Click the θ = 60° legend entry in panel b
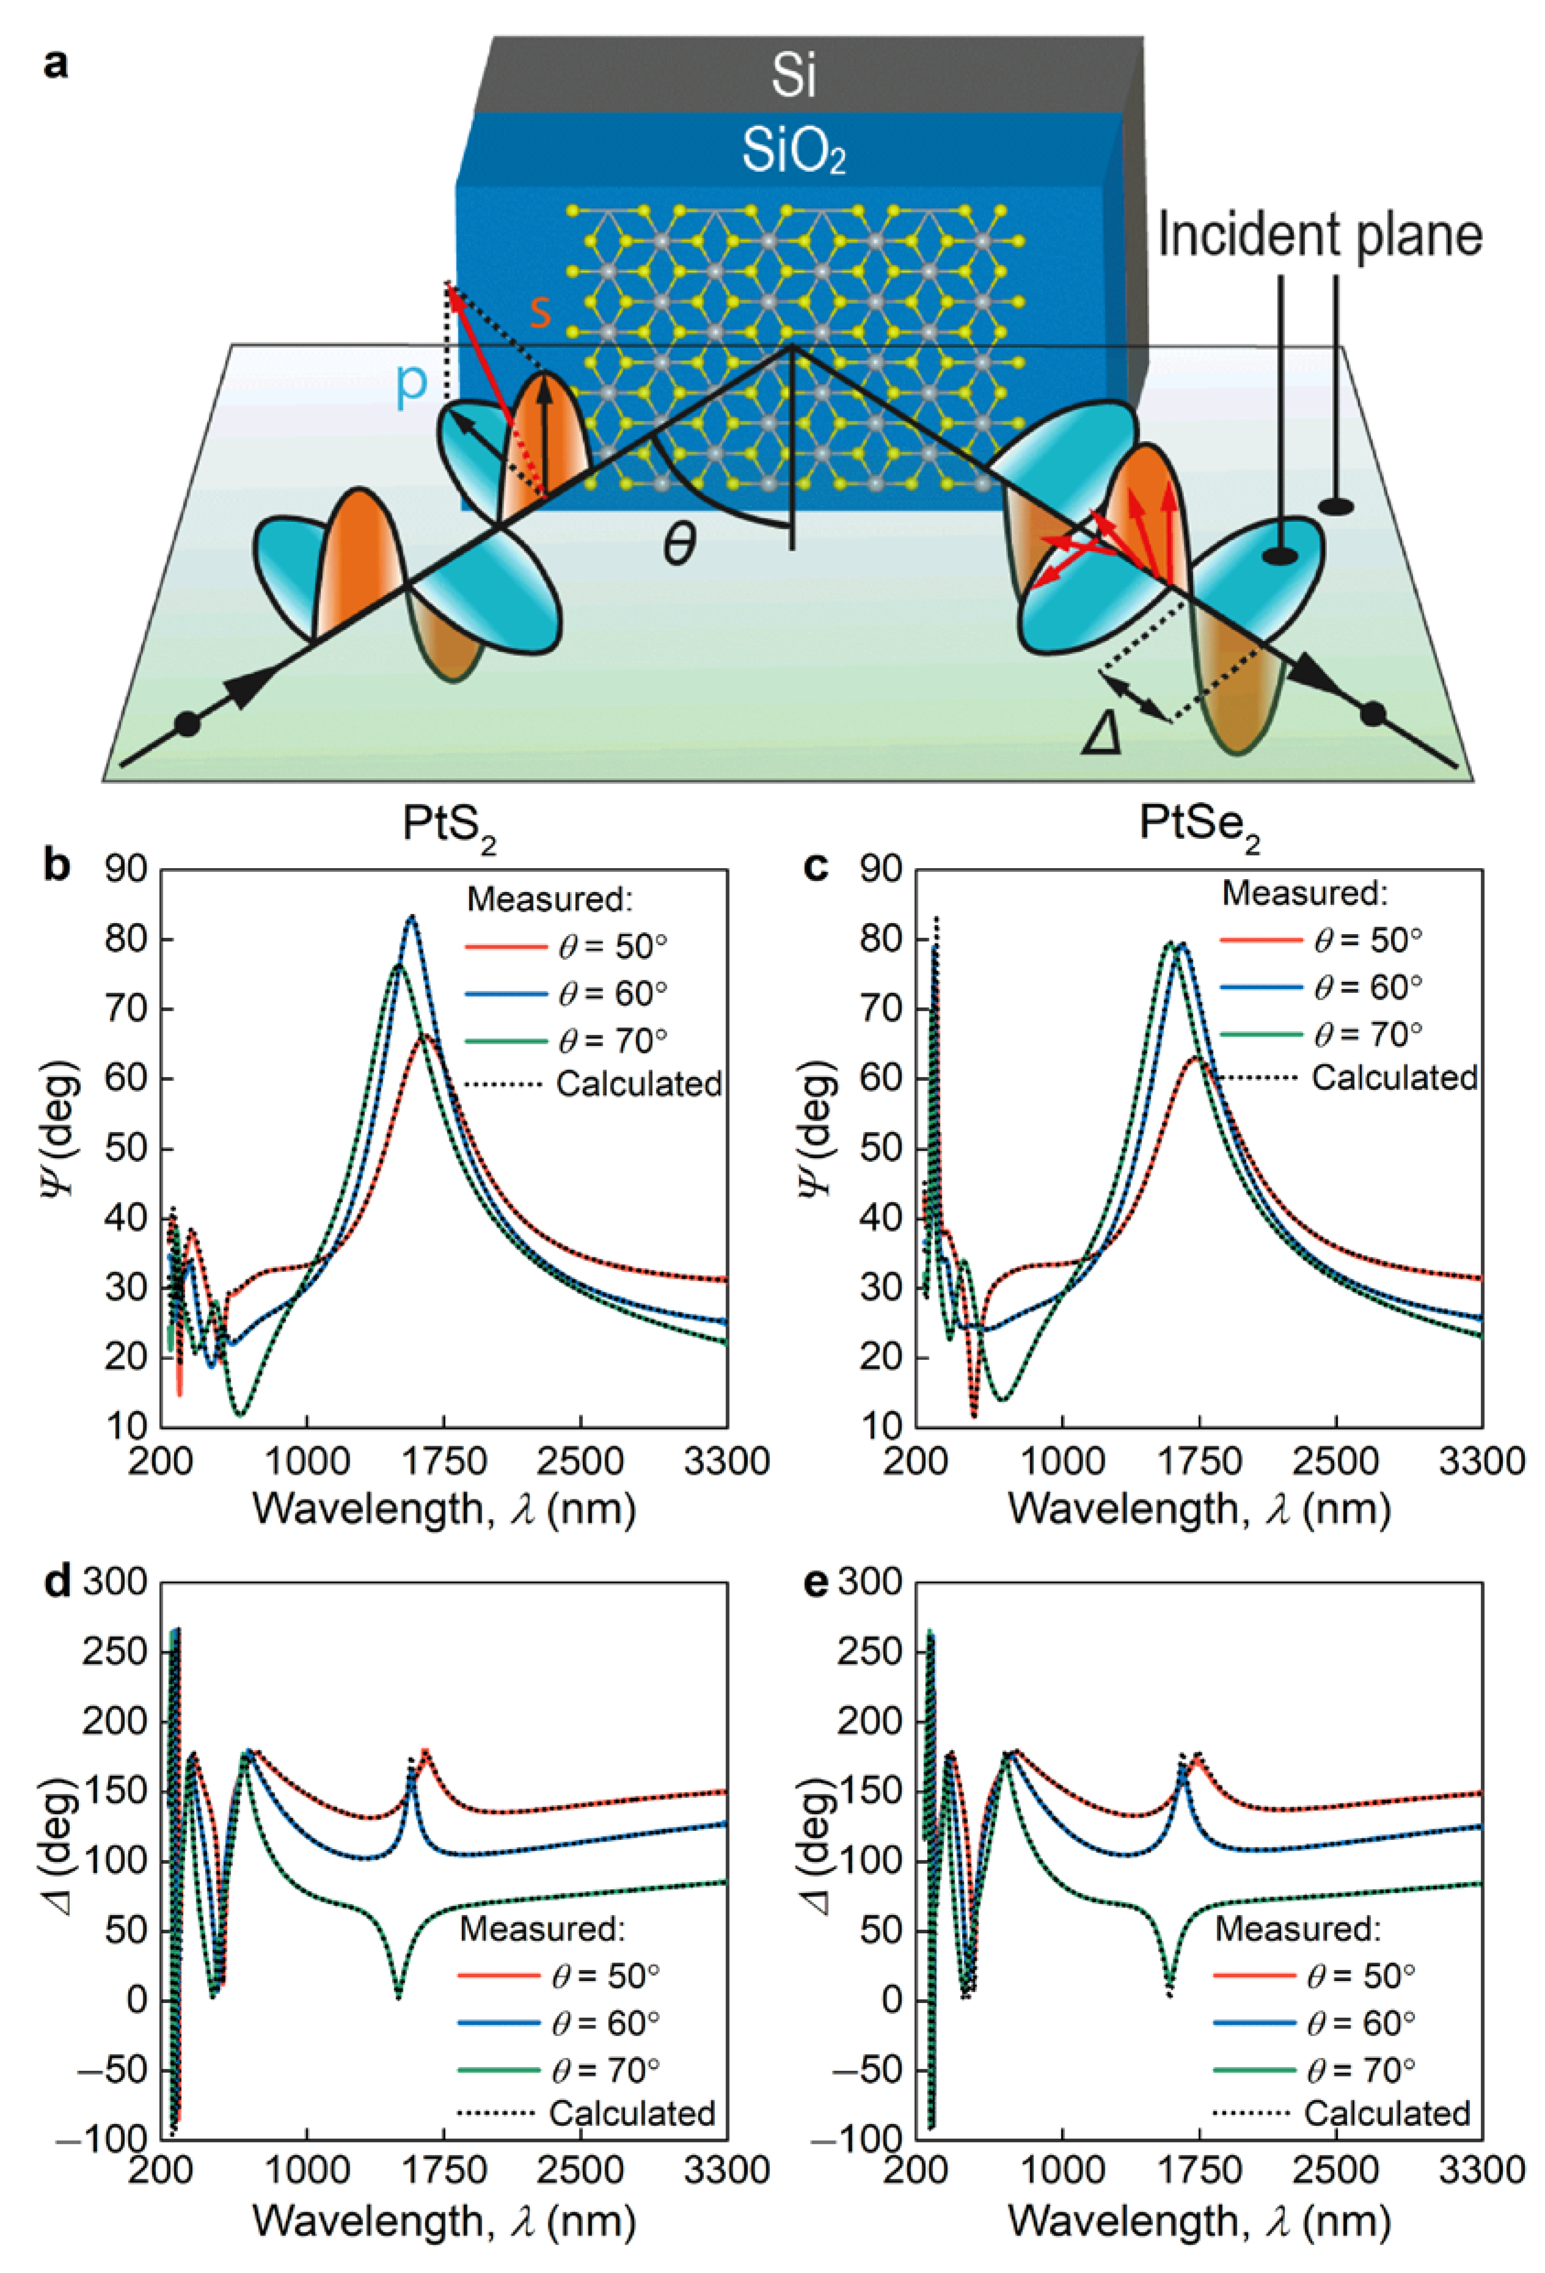(567, 994)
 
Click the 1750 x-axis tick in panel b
(445, 1461)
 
